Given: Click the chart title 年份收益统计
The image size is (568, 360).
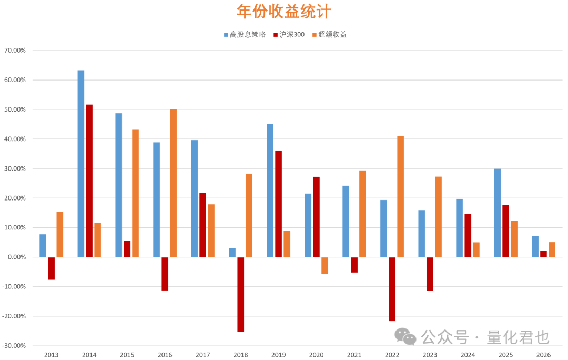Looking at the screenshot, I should [284, 12].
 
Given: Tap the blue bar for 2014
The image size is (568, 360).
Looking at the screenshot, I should [81, 163].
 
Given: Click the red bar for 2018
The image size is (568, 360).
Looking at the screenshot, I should [241, 294].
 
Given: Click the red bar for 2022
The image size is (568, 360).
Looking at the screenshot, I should [392, 289].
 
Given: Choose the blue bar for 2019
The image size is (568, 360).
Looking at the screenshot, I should [270, 191].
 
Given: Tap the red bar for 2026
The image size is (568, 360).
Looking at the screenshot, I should [544, 254].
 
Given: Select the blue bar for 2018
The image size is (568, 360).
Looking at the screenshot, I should [232, 253].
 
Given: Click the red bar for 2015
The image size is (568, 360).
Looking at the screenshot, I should [127, 249].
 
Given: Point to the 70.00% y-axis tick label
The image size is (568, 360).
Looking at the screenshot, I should [15, 51].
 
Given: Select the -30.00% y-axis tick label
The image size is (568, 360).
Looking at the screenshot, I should [15, 346].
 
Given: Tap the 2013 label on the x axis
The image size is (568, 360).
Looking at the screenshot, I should [52, 355].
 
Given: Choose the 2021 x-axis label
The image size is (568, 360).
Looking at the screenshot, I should [354, 355].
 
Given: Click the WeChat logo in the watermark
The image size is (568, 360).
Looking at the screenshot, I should [405, 336].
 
